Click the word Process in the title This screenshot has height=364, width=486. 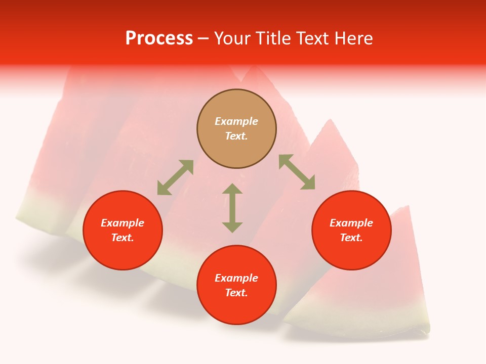(x=159, y=38)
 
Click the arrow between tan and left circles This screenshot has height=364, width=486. (x=175, y=177)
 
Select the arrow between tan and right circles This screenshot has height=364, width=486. (x=297, y=172)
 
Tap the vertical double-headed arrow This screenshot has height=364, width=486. (x=232, y=208)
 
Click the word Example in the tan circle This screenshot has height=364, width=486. (x=236, y=121)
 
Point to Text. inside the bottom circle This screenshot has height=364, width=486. (x=236, y=293)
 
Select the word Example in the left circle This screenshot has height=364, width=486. (x=123, y=223)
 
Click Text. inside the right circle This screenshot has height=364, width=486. (x=351, y=238)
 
